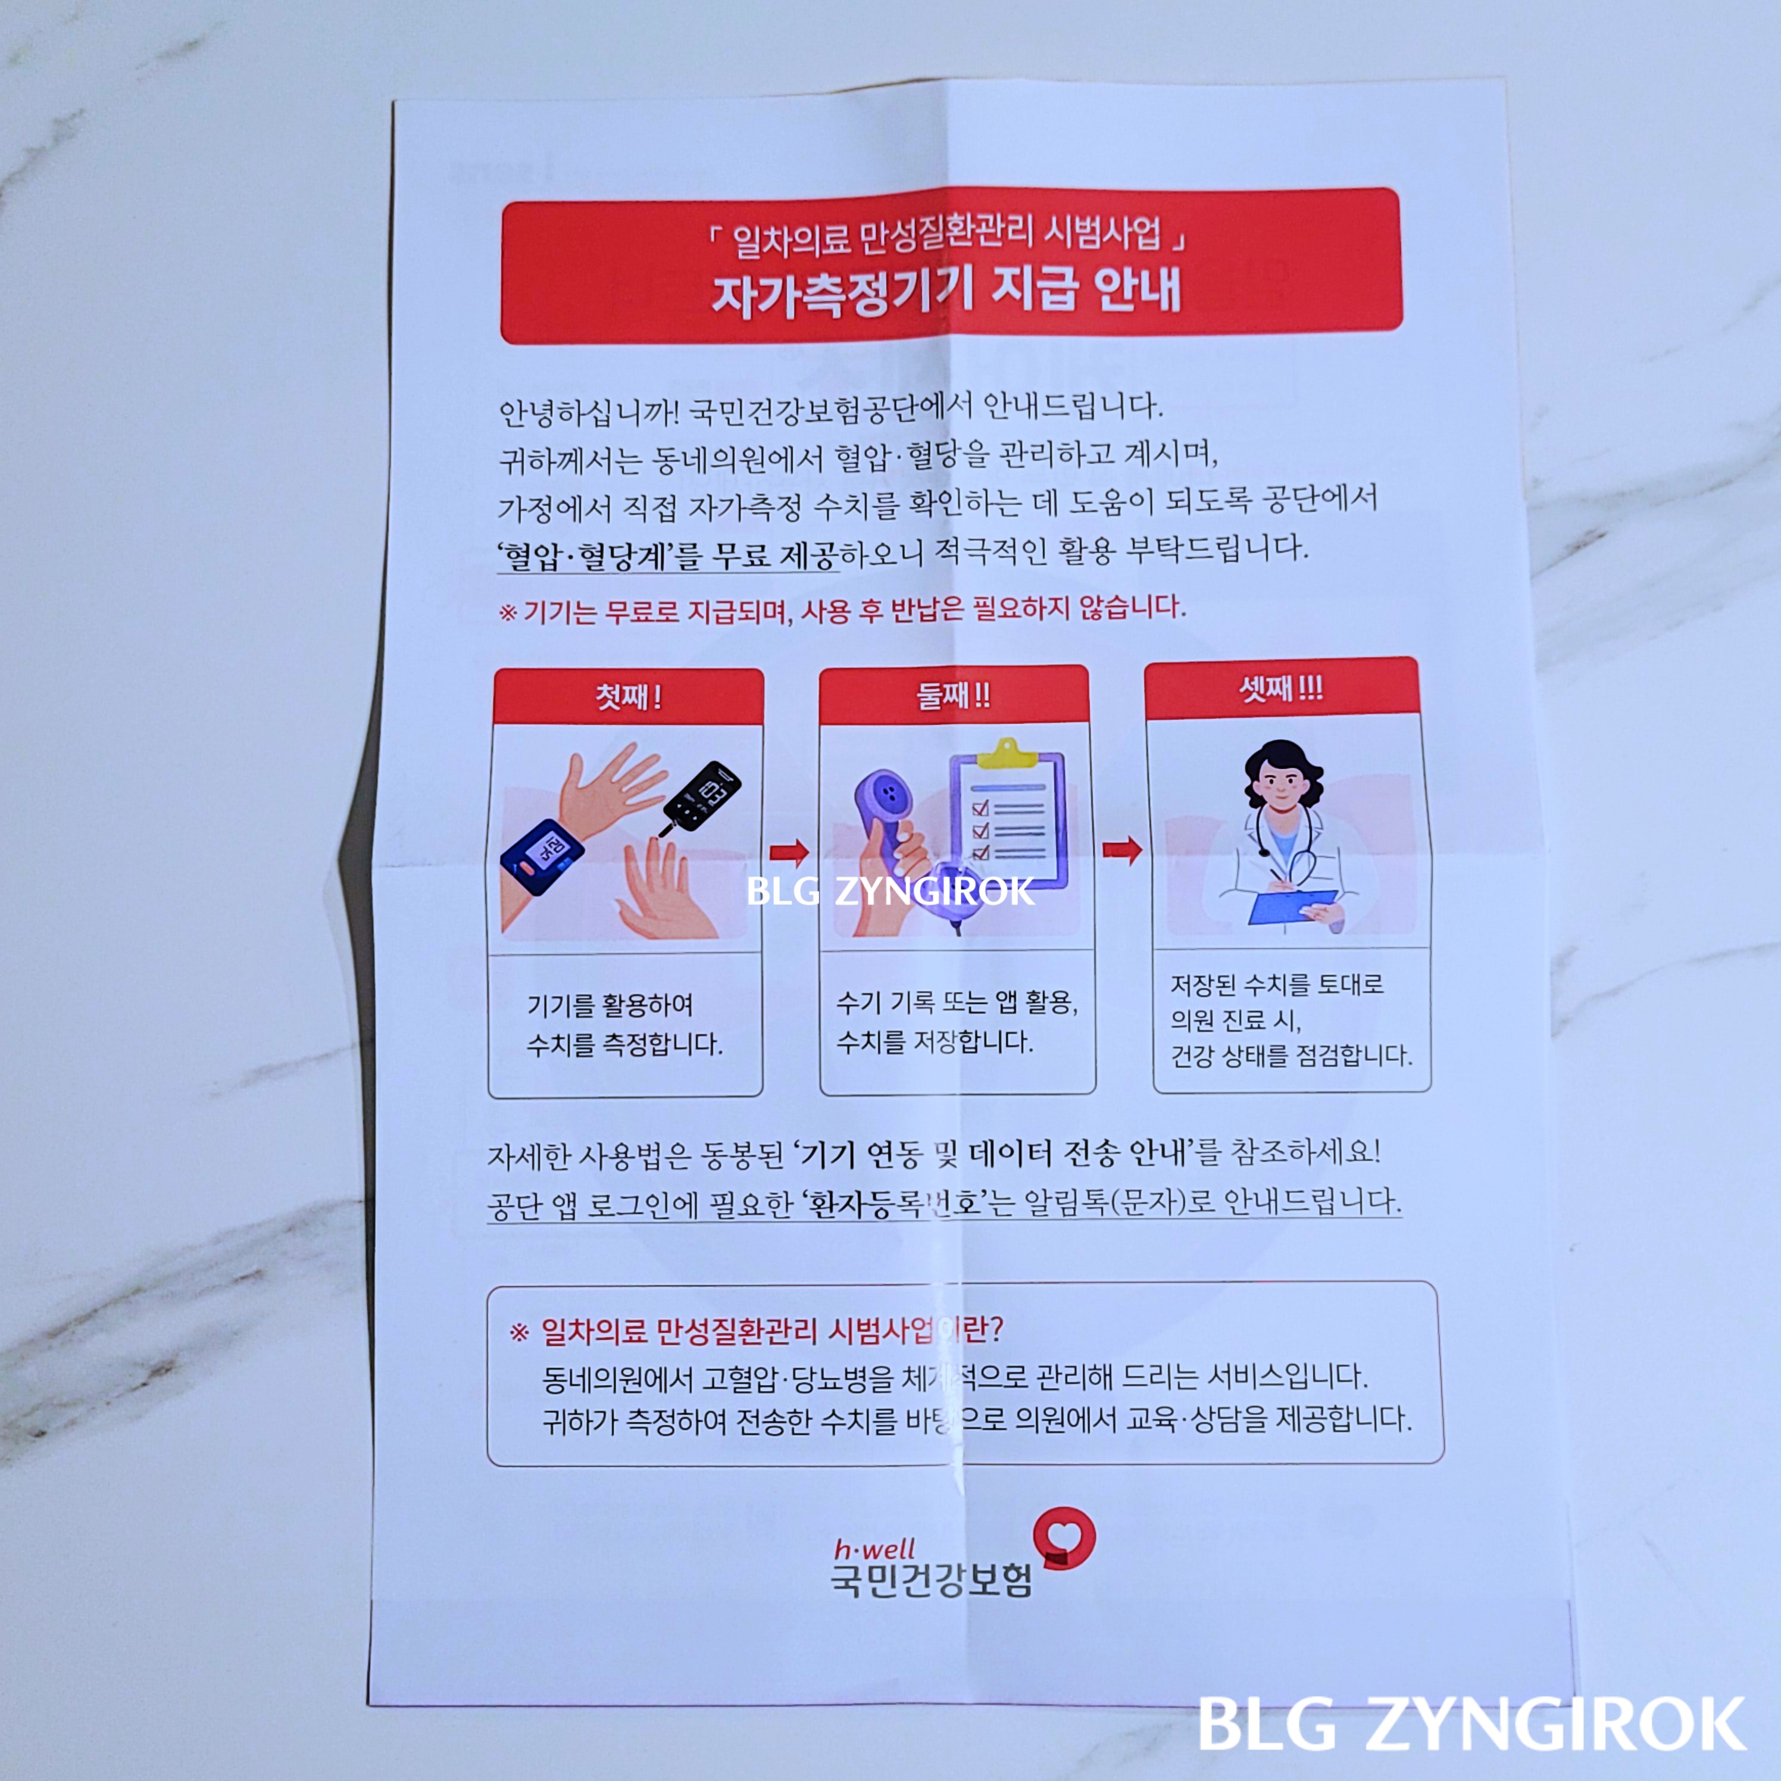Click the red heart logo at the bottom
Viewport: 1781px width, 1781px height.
(1065, 1536)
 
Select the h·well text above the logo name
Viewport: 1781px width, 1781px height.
(874, 1549)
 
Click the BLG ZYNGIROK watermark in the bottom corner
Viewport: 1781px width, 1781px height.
(1471, 1723)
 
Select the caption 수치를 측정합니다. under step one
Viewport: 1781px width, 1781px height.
(624, 1045)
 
